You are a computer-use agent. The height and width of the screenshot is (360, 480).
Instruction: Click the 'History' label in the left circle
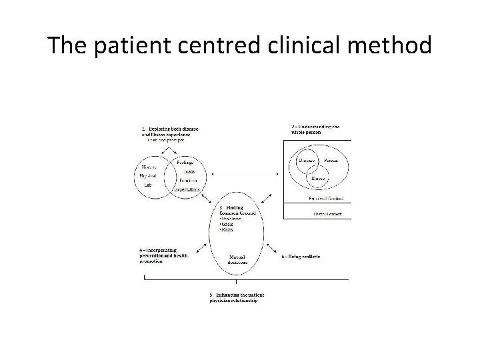150,167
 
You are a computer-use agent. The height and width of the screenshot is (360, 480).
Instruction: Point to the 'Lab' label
149,185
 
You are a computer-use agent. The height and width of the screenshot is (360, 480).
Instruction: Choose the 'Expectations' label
187,189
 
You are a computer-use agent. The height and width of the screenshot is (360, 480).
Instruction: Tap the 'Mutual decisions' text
237,259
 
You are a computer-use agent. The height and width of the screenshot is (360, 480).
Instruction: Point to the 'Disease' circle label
307,161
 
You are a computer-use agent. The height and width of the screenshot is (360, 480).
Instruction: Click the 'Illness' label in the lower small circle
318,178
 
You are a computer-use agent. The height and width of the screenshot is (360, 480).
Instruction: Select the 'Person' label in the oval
331,161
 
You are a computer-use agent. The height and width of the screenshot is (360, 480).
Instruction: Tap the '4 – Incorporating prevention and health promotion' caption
163,255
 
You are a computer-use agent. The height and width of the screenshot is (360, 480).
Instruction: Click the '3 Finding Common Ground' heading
231,211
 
